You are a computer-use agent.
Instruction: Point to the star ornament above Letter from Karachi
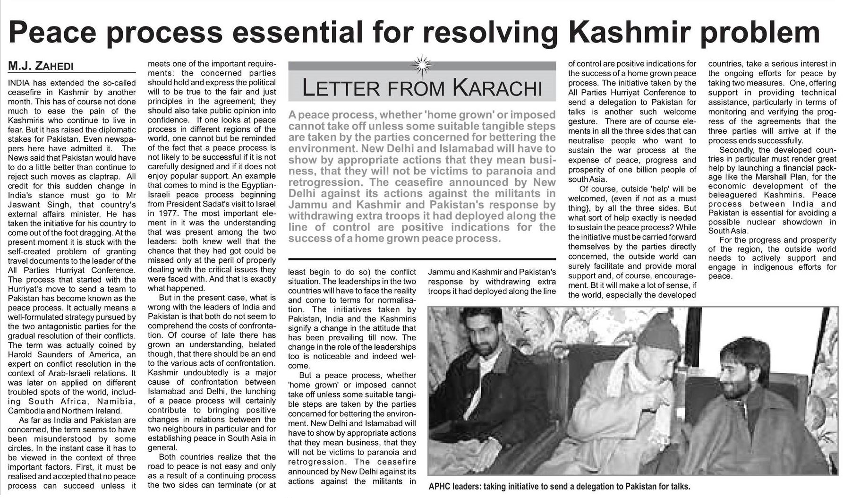[x=422, y=63]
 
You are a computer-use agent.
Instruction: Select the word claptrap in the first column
[x=97, y=177]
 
